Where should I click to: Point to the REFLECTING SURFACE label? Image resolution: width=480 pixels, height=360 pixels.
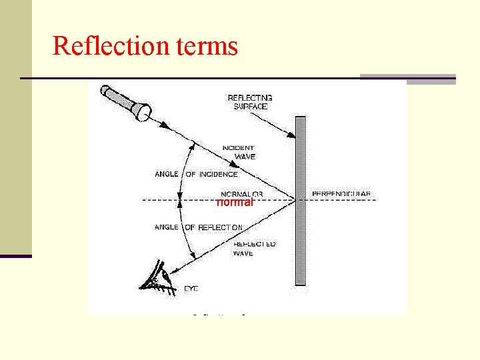[249, 102]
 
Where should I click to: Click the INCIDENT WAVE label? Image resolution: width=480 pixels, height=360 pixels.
[238, 152]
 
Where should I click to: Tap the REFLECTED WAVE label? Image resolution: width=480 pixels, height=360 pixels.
[254, 249]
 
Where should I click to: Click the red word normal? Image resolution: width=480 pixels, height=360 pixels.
[235, 202]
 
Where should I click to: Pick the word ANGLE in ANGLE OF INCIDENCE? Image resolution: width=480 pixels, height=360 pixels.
[167, 175]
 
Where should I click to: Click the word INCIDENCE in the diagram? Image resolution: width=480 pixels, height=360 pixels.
[218, 175]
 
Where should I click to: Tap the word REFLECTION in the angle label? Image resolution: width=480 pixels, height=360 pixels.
[220, 227]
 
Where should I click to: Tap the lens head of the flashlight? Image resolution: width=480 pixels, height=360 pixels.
[143, 111]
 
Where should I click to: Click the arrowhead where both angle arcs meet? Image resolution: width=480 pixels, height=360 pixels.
[181, 199]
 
